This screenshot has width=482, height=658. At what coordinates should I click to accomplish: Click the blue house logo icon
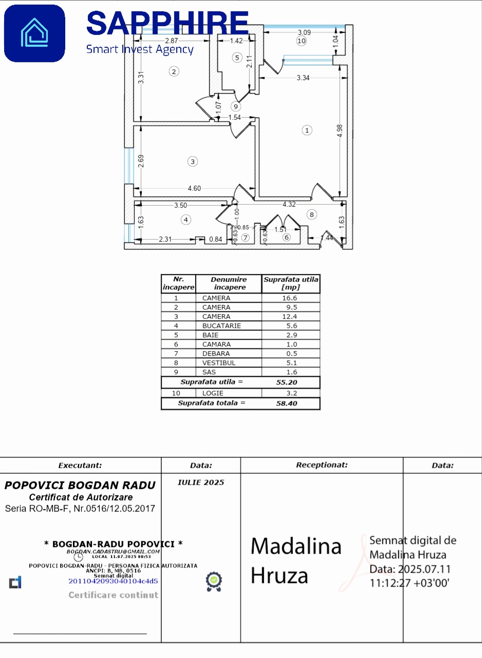[34, 33]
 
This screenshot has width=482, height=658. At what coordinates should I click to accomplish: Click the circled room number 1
[307, 130]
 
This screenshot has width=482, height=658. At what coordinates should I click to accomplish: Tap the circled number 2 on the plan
[174, 72]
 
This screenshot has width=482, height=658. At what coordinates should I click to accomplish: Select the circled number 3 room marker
[192, 162]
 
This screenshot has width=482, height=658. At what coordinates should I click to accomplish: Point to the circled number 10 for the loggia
[301, 41]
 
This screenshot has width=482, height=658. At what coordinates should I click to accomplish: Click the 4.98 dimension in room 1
[339, 131]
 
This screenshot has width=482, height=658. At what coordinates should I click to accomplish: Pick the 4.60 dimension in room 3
[194, 189]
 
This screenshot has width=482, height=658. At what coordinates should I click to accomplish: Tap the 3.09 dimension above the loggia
[304, 32]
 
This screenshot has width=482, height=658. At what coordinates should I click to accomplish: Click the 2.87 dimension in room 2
[171, 41]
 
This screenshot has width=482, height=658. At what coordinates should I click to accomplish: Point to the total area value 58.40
[287, 403]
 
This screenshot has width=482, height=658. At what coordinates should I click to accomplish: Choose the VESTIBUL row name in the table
[219, 363]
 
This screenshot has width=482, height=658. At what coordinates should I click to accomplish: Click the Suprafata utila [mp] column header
[291, 283]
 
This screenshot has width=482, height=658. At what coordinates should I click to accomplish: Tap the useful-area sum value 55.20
[287, 382]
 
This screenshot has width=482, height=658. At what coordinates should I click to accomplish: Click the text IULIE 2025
[201, 483]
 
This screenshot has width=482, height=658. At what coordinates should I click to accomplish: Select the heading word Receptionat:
[322, 465]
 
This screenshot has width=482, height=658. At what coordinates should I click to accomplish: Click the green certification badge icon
[214, 581]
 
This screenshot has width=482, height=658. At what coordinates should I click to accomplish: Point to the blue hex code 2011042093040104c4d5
[113, 581]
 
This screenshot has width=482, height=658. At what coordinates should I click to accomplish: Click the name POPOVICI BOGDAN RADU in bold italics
[80, 485]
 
